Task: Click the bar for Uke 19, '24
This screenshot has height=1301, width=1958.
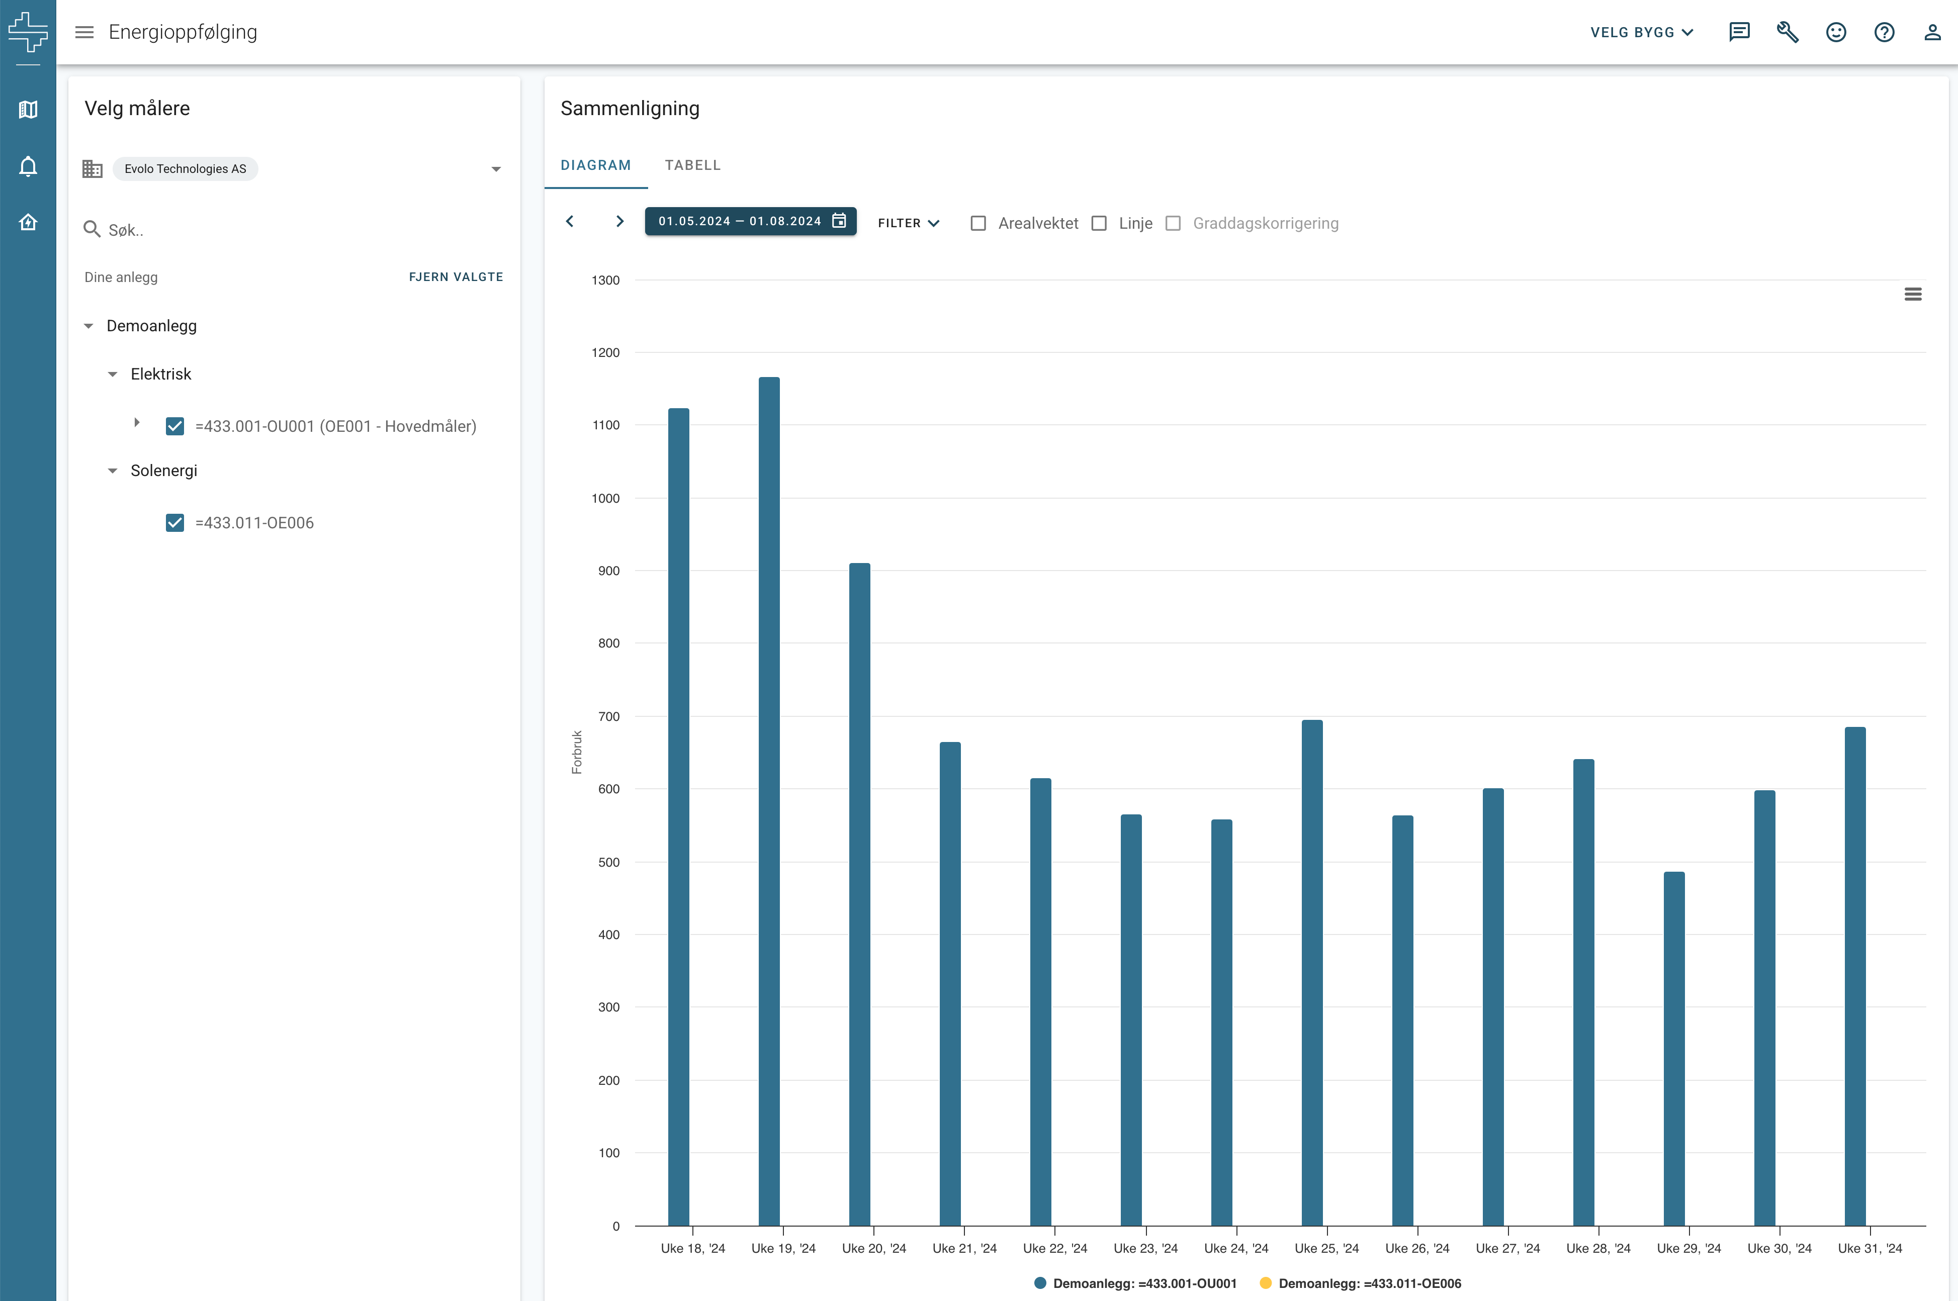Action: pos(769,801)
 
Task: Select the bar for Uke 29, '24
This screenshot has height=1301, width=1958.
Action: pos(1674,1049)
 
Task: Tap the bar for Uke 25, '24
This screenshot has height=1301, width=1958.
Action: pos(1312,972)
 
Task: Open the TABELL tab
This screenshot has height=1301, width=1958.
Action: pos(693,165)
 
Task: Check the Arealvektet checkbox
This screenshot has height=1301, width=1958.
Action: pos(978,223)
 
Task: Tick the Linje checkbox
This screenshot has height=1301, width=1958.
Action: pos(1099,223)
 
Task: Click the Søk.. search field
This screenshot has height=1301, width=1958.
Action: pos(299,230)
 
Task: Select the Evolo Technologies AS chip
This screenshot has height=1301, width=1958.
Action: pos(185,168)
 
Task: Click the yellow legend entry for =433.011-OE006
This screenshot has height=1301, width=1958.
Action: pos(1361,1283)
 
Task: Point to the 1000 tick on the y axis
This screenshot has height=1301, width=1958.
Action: pos(605,498)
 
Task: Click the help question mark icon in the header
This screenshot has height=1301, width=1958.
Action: pos(1884,32)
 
